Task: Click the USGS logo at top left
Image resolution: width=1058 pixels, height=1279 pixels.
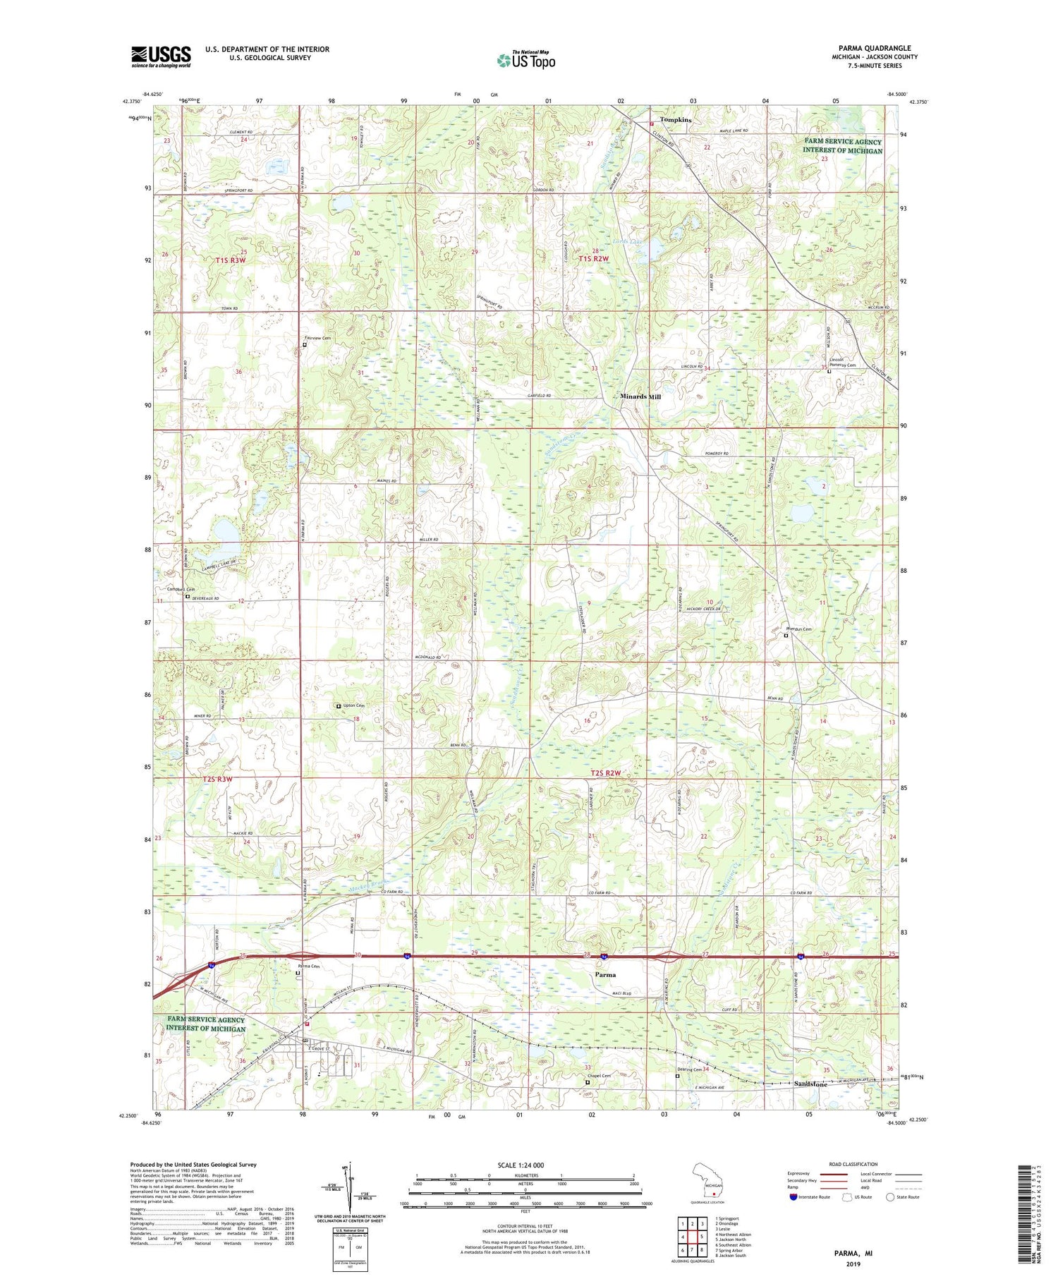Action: (161, 56)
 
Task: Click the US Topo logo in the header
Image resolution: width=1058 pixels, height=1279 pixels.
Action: (525, 61)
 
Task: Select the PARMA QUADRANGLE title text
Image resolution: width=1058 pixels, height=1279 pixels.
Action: (874, 48)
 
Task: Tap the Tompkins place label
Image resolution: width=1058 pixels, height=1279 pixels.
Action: (675, 120)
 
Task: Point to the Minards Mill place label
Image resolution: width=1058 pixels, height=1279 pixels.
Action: (640, 396)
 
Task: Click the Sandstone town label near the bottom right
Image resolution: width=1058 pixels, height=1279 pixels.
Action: (810, 1084)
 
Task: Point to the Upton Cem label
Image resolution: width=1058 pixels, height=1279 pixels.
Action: (353, 705)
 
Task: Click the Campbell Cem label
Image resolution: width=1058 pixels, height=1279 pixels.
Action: (181, 589)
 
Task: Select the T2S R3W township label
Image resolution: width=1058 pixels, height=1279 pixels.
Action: (217, 779)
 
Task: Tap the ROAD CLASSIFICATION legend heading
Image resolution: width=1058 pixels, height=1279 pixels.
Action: (853, 1164)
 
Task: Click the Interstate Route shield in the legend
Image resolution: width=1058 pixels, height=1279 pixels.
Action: (793, 1196)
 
